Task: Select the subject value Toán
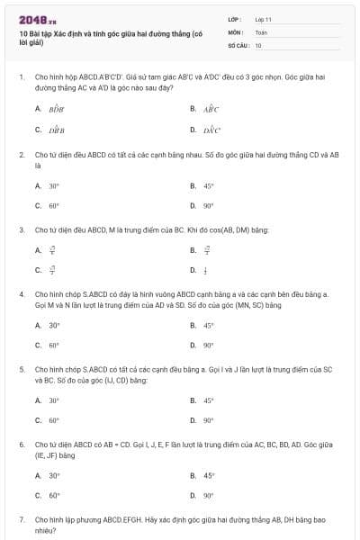click(261, 31)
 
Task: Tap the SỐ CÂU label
click(238, 44)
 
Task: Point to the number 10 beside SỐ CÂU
click(258, 44)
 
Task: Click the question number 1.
click(21, 77)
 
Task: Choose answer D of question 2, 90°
click(208, 205)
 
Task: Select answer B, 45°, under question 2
click(208, 186)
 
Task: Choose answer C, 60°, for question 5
click(54, 420)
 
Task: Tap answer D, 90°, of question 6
click(208, 495)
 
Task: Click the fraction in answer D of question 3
click(206, 269)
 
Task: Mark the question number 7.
click(21, 520)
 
